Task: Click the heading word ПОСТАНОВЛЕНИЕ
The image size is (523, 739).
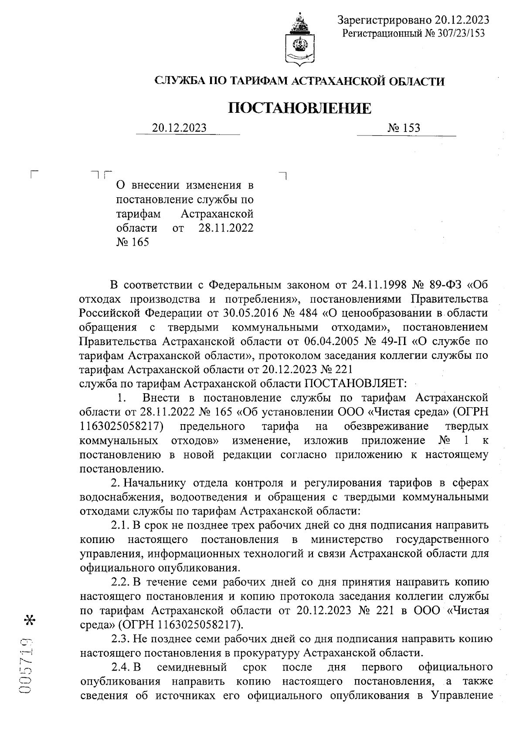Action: point(300,108)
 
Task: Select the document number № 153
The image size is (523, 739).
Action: point(404,128)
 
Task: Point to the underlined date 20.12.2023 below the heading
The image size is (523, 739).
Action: point(179,128)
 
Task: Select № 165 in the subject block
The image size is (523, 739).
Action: point(132,242)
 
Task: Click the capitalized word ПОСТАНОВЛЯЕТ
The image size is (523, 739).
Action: point(355,384)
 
